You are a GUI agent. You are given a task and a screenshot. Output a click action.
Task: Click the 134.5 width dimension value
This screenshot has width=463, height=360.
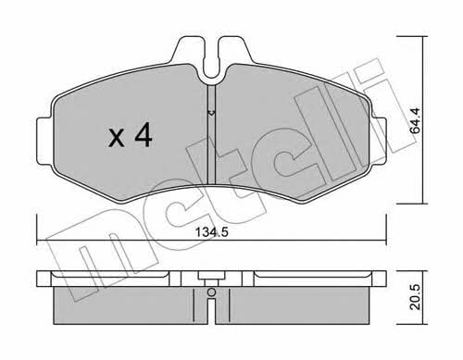(x=212, y=232)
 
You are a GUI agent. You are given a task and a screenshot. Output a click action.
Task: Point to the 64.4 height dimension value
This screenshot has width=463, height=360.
(x=416, y=120)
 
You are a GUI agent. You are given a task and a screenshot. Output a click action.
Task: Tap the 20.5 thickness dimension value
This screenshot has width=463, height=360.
(x=416, y=297)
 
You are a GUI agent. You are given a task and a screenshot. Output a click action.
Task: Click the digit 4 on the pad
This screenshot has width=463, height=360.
(x=143, y=134)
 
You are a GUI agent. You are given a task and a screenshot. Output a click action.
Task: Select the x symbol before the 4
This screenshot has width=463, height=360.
(x=117, y=138)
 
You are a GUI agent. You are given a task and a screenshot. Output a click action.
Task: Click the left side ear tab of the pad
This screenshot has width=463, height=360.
(x=44, y=141)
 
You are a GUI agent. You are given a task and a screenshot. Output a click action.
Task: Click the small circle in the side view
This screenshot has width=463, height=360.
(x=211, y=292)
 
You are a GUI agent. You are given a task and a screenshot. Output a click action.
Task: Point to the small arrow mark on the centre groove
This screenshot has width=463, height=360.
(x=211, y=113)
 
